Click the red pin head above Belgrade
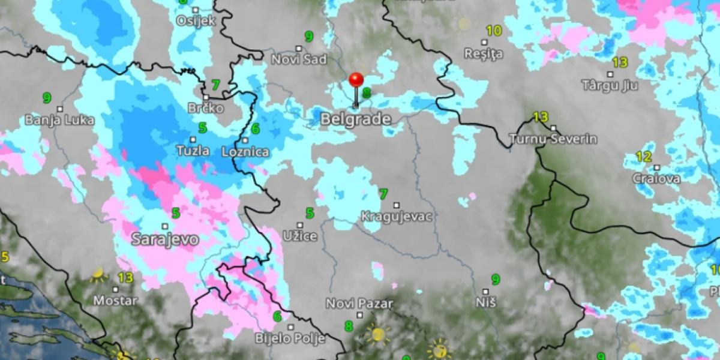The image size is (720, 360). coord(356,80)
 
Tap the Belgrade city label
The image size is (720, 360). coord(356,119)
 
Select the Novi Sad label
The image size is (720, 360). coord(299,59)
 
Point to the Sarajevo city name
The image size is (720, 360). coord(165,239)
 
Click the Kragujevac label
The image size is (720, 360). coord(397,217)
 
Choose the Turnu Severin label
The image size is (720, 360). coord(553,139)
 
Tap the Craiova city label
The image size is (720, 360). coord(656,179)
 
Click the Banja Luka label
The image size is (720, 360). coord(59,120)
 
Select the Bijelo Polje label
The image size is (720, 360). coord(290,338)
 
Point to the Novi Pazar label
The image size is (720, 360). coord(359,304)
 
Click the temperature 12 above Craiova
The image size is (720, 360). coord(644,157)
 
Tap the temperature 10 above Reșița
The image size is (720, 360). coord(494,31)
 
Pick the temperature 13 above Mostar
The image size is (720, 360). coord(125,278)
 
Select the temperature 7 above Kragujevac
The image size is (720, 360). coord(383,194)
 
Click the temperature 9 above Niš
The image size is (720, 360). coord(496,280)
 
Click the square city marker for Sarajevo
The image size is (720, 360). coord(165,226)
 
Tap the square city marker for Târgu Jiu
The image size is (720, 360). coord(610,74)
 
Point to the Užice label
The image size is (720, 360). coord(301,236)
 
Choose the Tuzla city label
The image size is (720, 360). coord(193,150)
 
